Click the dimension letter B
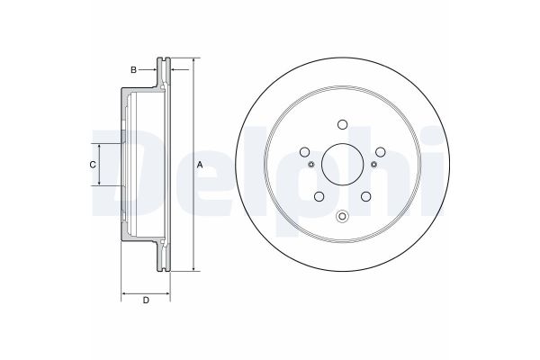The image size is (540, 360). click(133, 69)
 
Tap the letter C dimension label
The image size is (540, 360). click(91, 165)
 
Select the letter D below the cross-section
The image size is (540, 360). click(145, 300)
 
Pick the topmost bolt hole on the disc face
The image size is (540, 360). click(342, 126)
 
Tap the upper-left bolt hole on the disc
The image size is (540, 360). click(304, 152)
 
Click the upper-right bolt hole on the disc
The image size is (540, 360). click(379, 152)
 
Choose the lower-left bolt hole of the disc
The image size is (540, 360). click(318, 197)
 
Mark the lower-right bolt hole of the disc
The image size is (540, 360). click(364, 197)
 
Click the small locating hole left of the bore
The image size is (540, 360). click(310, 165)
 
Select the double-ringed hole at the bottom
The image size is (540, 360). click(341, 215)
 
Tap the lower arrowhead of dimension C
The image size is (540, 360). click(99, 183)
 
